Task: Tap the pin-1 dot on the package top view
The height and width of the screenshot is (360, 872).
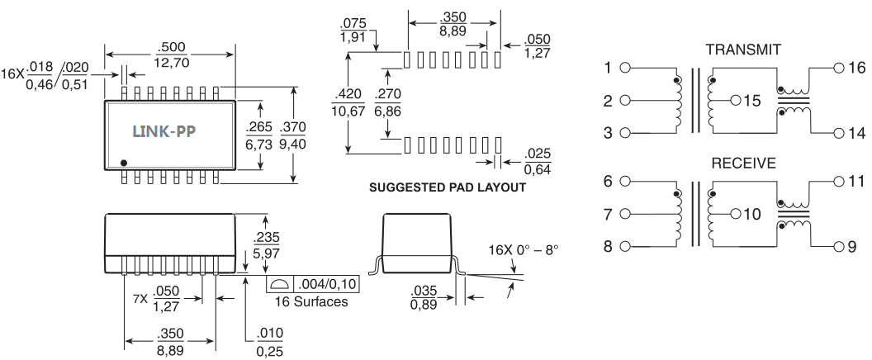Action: coord(124,162)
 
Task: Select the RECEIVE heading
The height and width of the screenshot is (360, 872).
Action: coord(743,163)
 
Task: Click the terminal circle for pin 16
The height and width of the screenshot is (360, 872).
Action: coord(839,69)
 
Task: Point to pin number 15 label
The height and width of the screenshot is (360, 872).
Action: coord(750,102)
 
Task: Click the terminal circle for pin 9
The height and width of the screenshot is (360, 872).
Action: coord(839,246)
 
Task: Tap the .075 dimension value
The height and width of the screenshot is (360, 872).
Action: coord(355,23)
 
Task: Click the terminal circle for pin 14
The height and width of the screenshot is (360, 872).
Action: coord(839,133)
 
